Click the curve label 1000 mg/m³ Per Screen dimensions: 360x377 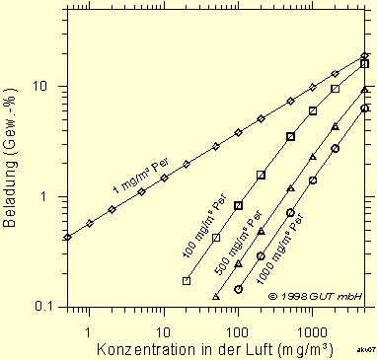click(272, 258)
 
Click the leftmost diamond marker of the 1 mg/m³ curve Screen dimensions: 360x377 click(67, 237)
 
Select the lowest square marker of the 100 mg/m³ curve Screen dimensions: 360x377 click(187, 281)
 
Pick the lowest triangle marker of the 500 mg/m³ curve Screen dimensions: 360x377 click(216, 296)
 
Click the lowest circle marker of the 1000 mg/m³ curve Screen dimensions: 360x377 click(238, 290)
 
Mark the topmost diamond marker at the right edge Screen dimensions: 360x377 click(364, 56)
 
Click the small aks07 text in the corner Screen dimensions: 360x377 click(365, 350)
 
